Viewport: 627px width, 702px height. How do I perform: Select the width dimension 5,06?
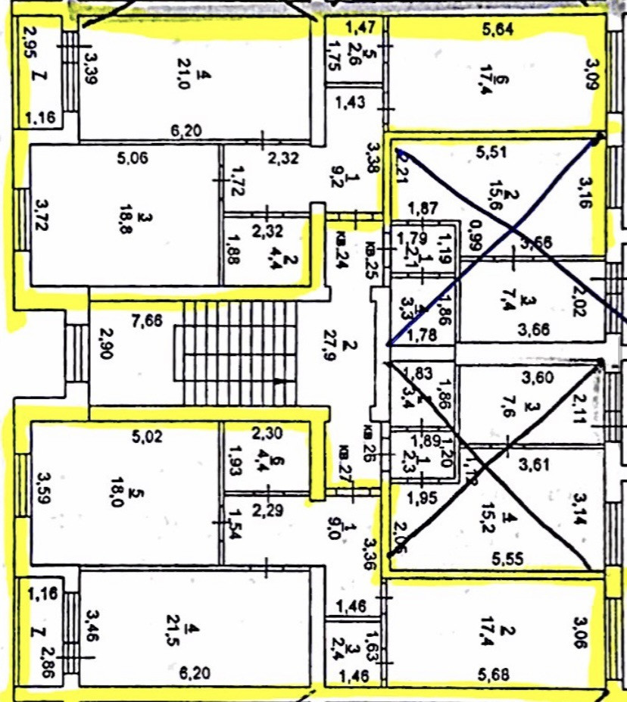pos(133,159)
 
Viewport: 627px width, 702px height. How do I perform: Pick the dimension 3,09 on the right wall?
pos(591,73)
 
